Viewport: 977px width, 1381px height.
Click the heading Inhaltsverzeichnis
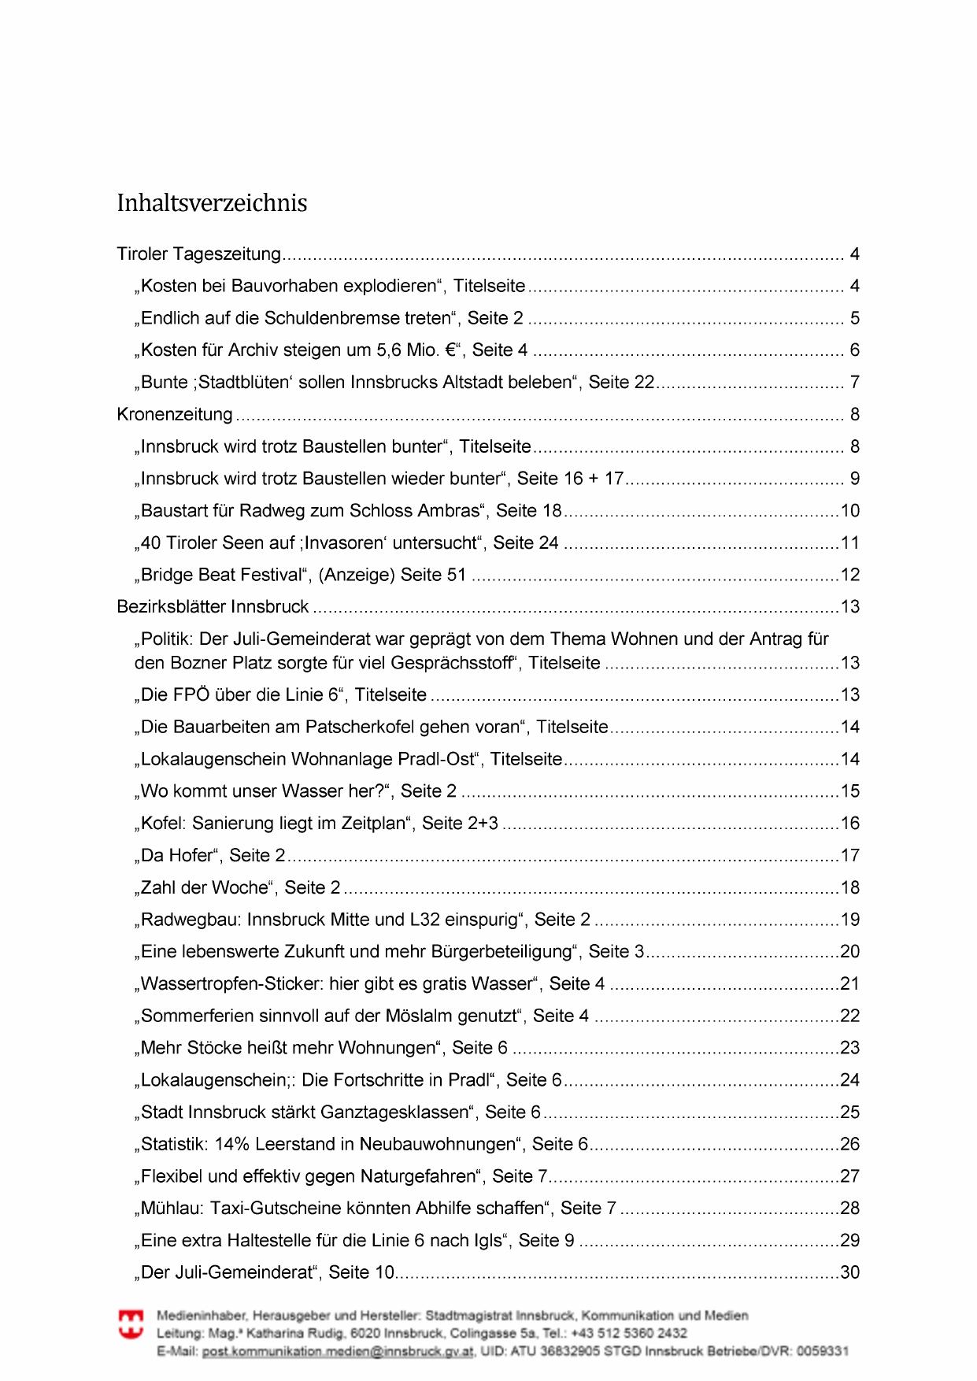pyautogui.click(x=212, y=203)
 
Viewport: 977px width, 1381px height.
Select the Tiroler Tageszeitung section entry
pyautogui.click(x=198, y=254)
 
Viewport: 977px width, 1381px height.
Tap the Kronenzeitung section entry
pyautogui.click(x=175, y=415)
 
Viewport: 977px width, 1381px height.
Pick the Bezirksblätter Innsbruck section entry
pyautogui.click(x=213, y=607)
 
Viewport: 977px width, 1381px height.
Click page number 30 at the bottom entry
pyautogui.click(x=849, y=1272)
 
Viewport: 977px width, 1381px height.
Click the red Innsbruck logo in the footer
pyautogui.click(x=131, y=1324)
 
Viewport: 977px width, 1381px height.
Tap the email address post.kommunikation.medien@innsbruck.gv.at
pyautogui.click(x=339, y=1351)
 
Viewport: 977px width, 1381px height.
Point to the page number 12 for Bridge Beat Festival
pyautogui.click(x=849, y=576)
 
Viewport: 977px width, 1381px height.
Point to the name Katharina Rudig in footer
pyautogui.click(x=303, y=1333)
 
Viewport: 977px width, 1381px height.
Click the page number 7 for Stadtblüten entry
pyautogui.click(x=854, y=383)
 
